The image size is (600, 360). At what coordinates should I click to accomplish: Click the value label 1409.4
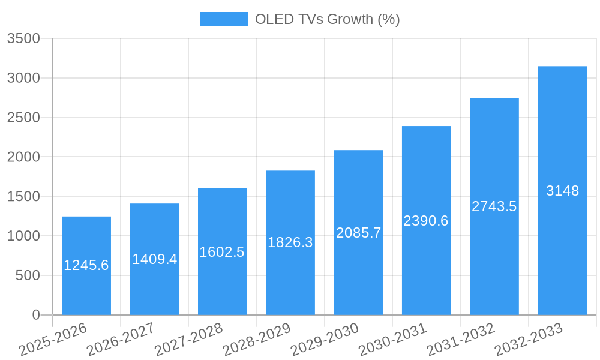154,259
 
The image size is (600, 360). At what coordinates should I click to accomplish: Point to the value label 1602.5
222,252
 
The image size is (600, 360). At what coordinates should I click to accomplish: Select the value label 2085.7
358,233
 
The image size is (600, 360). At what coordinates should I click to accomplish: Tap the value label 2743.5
494,206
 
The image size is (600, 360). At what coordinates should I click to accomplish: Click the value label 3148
562,191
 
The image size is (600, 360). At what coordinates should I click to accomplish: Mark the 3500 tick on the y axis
23,39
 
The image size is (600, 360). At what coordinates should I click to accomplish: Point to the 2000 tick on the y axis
23,157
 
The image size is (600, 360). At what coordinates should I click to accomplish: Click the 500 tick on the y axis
28,275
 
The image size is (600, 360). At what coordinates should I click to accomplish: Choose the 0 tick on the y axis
35,315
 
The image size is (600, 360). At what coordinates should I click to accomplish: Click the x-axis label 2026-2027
121,340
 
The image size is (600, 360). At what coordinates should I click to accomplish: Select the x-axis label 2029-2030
325,340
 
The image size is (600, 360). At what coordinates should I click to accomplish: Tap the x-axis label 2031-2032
461,340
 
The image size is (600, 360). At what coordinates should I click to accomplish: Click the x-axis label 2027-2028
188,340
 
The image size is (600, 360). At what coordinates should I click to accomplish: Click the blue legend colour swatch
223,19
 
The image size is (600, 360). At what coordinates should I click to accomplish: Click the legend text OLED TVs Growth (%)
327,19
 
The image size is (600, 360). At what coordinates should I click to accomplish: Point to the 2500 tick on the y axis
23,118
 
